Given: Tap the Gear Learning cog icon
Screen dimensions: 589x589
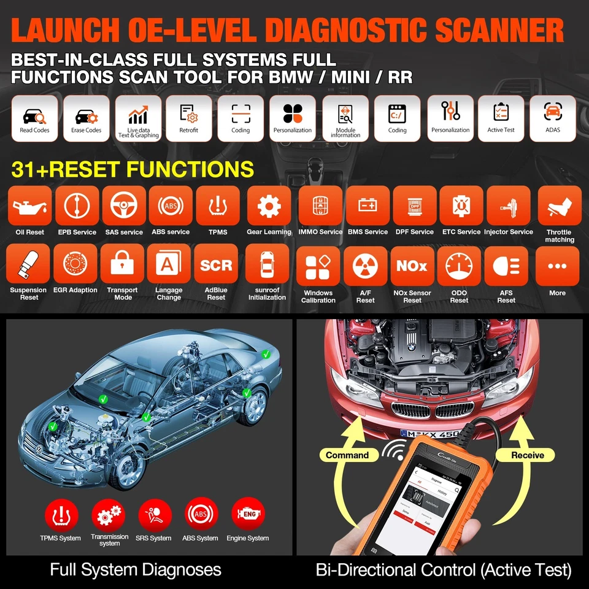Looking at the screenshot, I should click(269, 207).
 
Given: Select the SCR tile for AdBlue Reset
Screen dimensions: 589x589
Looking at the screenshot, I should click(216, 265).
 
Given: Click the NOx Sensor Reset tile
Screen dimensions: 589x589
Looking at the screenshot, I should click(412, 268).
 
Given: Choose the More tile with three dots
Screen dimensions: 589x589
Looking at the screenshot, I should click(557, 266).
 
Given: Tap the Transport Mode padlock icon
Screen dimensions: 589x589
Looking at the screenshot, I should click(122, 265).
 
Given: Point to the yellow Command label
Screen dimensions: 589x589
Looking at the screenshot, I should click(347, 455).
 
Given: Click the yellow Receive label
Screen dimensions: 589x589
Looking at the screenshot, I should click(528, 455).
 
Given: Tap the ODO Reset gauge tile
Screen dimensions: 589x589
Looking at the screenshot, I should click(459, 268).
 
